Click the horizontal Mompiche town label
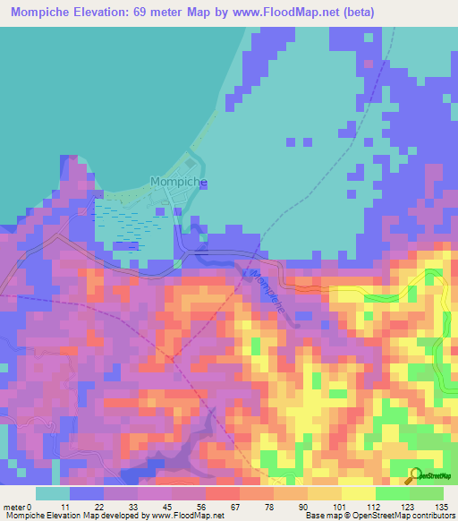coord(179,182)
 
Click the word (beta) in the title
coord(356,13)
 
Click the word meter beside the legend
coord(13,507)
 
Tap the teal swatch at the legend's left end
coord(53,493)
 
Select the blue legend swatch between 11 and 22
coord(87,493)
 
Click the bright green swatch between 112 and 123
coord(392,493)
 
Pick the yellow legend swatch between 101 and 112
coord(358,493)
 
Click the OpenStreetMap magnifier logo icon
coord(416,475)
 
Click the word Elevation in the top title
coord(91,13)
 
